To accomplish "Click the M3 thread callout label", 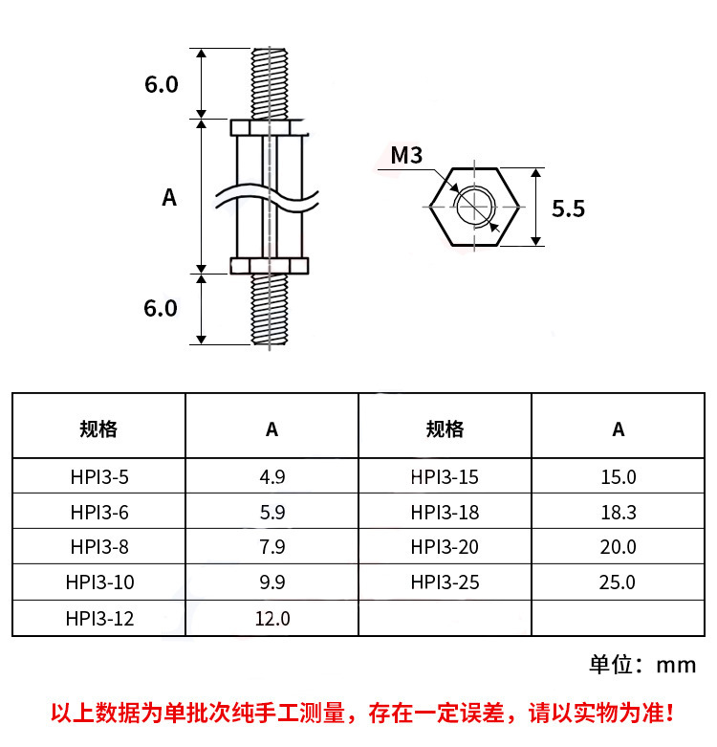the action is click(x=406, y=155).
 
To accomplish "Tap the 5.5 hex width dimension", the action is click(x=568, y=209).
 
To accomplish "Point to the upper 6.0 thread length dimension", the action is click(x=162, y=84).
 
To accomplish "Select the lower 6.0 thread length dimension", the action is click(x=161, y=308).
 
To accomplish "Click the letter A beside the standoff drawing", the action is click(x=169, y=197).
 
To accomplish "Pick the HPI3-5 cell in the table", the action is click(x=99, y=477).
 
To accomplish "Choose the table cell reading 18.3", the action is click(x=618, y=512).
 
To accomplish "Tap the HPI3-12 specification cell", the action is click(x=99, y=619).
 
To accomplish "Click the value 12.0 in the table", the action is click(x=272, y=619).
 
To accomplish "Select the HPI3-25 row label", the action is click(x=445, y=582).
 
